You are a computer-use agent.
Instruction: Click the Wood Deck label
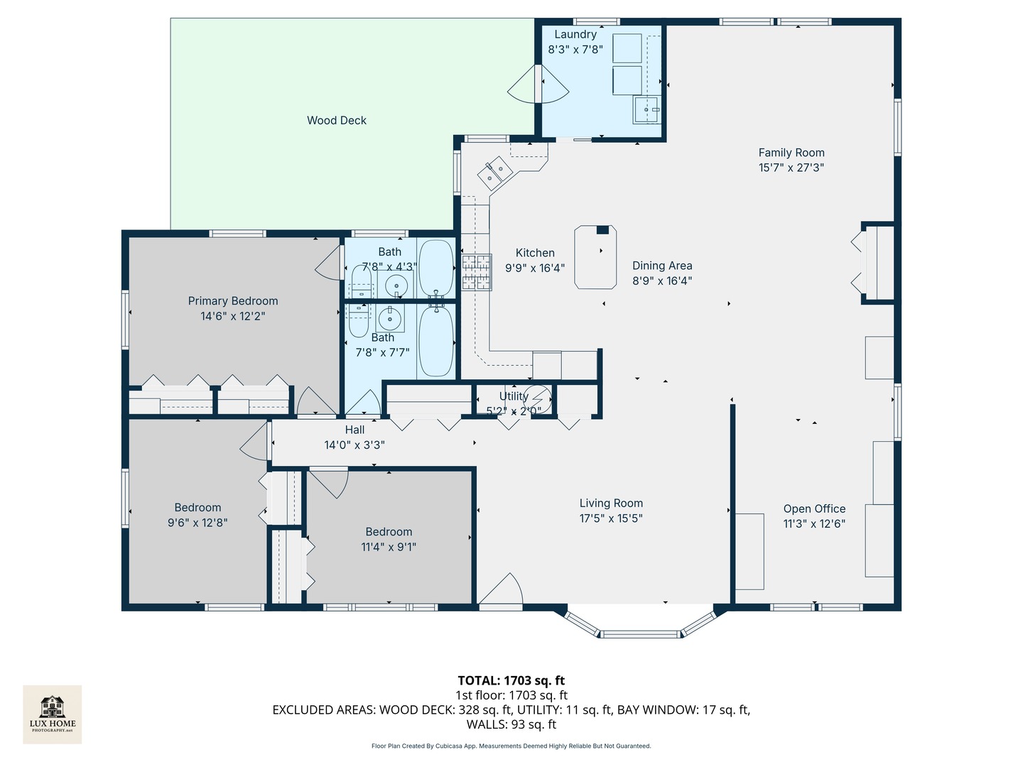337,121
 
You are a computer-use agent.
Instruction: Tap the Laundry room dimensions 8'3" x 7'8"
575,50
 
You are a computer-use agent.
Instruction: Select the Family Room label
791,153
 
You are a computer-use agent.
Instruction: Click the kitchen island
595,257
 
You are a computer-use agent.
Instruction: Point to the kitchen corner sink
495,171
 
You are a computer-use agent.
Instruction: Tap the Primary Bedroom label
233,301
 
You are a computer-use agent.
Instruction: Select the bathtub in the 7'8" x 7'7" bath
435,341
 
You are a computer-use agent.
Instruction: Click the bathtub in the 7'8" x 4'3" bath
435,268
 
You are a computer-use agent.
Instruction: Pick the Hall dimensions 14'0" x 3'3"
354,445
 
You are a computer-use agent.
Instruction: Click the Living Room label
611,504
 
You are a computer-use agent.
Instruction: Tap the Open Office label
814,509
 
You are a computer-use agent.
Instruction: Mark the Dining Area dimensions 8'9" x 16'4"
662,281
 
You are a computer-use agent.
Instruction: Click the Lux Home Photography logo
53,714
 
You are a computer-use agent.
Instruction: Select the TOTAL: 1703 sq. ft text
511,680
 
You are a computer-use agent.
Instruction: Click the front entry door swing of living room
502,591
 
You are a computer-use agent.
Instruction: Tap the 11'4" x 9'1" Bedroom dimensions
389,547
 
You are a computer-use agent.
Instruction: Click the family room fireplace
878,263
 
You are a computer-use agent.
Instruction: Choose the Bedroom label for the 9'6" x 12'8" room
197,508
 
